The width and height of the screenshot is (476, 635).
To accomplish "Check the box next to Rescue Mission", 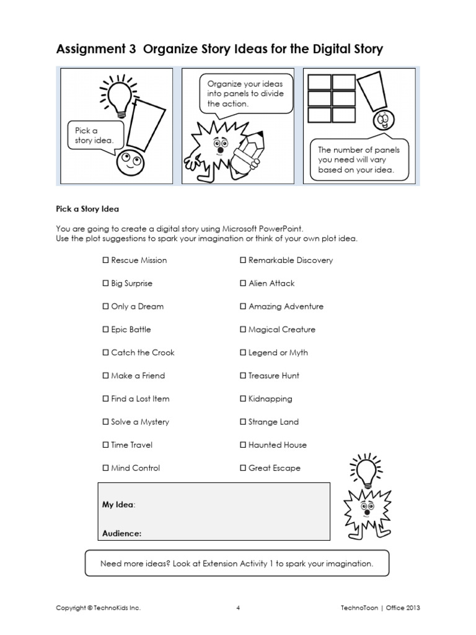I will point(105,260).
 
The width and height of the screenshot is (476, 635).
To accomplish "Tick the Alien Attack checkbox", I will point(243,283).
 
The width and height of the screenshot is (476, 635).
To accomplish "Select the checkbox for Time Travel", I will point(105,445).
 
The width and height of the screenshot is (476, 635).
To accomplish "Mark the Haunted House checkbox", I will point(243,445).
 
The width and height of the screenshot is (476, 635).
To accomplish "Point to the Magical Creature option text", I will point(281,329).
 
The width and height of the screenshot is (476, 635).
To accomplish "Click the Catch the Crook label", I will point(143,353).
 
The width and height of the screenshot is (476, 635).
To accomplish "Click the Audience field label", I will point(121,533).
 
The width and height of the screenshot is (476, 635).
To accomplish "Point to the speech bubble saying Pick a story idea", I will point(95,136).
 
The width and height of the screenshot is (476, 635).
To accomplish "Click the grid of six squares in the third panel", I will point(332,98).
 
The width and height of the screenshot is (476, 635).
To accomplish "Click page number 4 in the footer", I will point(238,608).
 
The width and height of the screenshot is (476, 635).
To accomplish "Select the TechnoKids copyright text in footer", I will point(98,608).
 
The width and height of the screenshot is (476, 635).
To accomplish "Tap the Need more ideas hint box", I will point(237,564).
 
